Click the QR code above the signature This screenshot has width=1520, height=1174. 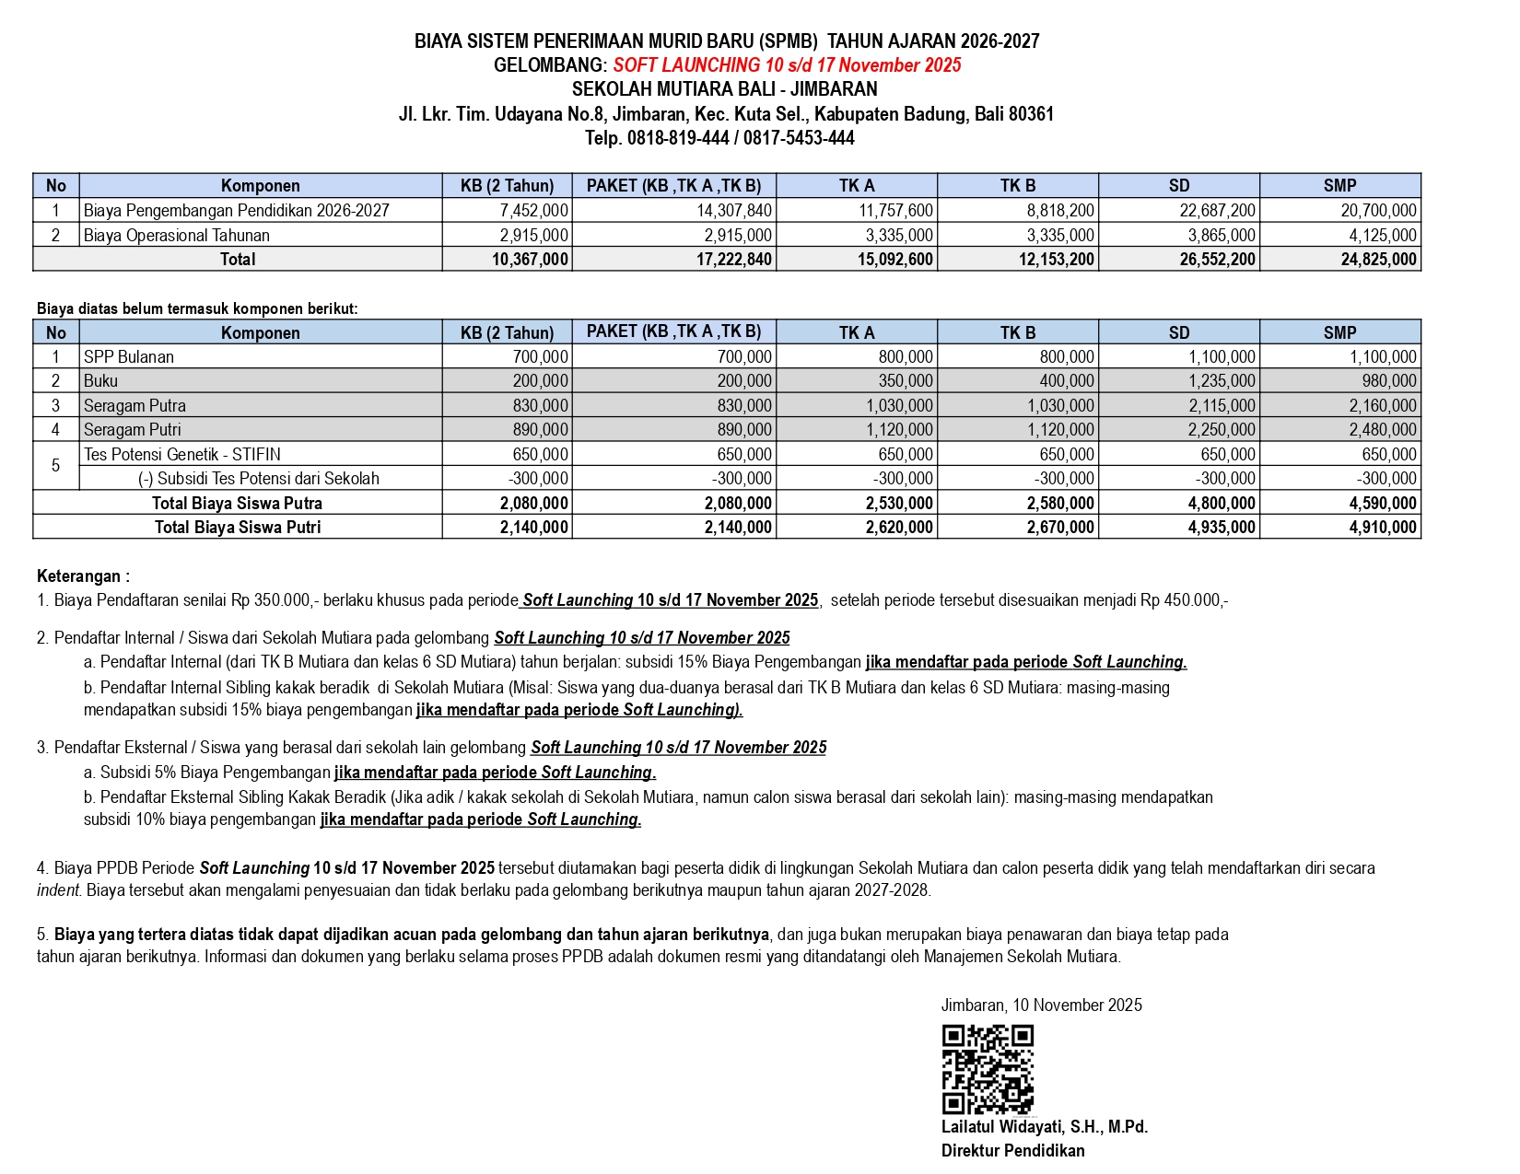coord(987,1069)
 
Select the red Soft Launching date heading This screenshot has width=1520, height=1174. coord(787,65)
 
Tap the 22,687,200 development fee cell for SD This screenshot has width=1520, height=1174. coord(1217,211)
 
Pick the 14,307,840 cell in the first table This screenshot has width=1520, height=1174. coord(733,211)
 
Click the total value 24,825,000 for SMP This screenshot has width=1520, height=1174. coord(1378,260)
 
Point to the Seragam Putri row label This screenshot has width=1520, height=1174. coord(133,430)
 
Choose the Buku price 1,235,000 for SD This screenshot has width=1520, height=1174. coord(1222,381)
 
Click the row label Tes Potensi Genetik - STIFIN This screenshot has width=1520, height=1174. coord(182,455)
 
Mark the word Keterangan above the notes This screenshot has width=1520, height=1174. coord(79,577)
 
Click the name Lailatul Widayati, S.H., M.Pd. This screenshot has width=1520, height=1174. coord(1044,1127)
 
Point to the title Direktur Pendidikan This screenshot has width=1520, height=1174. coord(1012,1151)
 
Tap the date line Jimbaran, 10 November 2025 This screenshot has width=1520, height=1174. coord(1041,1005)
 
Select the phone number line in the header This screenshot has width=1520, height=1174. coord(719,138)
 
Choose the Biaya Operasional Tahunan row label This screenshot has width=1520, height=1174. coord(177,236)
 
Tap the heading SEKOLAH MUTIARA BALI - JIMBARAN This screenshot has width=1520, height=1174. coord(724,89)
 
